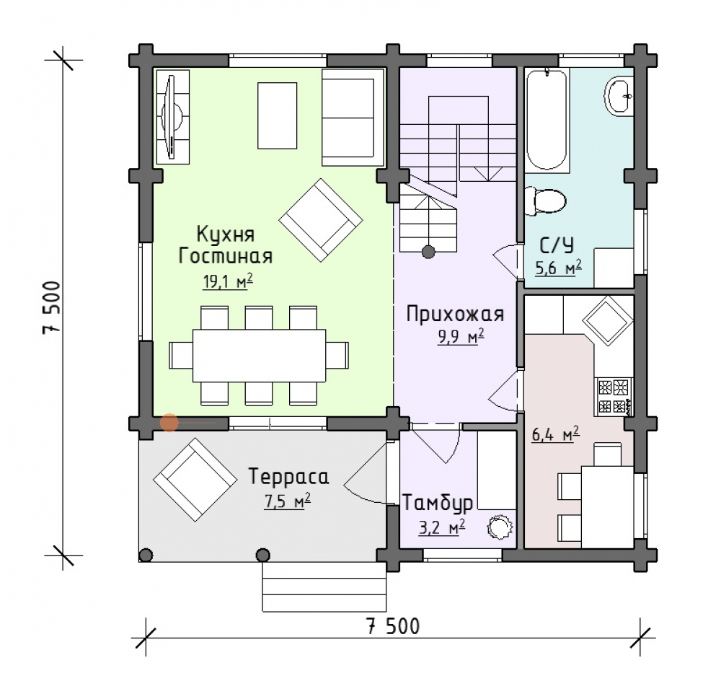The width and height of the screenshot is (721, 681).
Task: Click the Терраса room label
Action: click(x=289, y=476)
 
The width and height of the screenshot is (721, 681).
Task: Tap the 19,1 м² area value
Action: click(x=228, y=281)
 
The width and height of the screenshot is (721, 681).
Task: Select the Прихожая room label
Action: click(x=455, y=315)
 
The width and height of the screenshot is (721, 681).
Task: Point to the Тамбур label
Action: click(x=438, y=503)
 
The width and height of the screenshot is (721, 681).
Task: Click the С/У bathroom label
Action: click(x=557, y=246)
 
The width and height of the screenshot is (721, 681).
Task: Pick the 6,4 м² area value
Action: click(x=555, y=435)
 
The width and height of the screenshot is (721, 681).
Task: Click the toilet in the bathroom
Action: click(x=546, y=201)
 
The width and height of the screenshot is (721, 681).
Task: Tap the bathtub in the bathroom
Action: click(x=547, y=119)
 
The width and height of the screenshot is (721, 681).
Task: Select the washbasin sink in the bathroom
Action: click(x=619, y=96)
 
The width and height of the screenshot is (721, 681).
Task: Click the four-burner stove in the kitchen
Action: click(x=614, y=395)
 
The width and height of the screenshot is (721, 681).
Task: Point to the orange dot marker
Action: click(x=169, y=423)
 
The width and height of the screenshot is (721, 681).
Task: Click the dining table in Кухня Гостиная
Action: click(x=259, y=355)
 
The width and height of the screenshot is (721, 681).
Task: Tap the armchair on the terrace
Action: click(x=195, y=478)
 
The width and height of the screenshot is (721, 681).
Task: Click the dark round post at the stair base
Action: click(x=428, y=252)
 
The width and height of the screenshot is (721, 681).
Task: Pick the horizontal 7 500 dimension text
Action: click(x=393, y=626)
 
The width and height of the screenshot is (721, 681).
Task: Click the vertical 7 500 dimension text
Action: click(x=51, y=307)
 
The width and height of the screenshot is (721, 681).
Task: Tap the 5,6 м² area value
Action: click(x=558, y=268)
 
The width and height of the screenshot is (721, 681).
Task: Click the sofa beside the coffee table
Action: click(x=353, y=117)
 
